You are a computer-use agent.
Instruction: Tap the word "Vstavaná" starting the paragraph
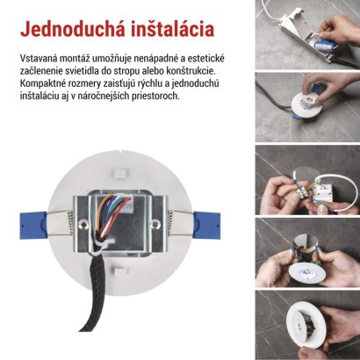(39, 57)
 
